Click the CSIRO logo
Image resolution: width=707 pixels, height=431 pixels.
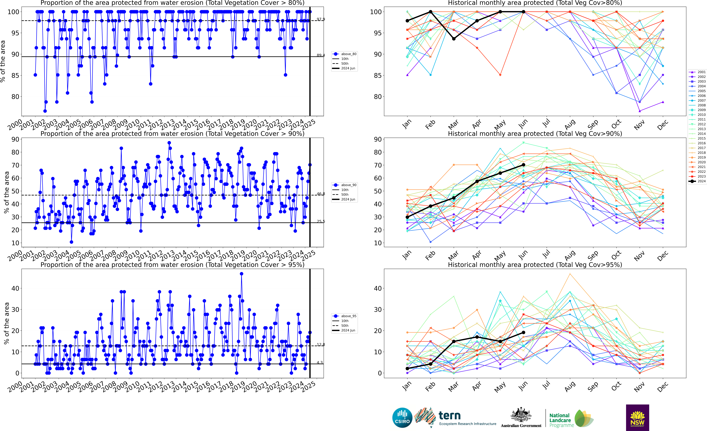402,417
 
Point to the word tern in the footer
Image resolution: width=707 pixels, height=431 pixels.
450,416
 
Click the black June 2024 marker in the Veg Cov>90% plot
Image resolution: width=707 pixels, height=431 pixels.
523,165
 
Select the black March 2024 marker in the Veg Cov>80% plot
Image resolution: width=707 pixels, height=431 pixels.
454,39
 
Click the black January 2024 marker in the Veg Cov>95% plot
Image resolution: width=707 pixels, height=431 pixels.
407,368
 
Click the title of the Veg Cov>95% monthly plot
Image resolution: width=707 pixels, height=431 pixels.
535,265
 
